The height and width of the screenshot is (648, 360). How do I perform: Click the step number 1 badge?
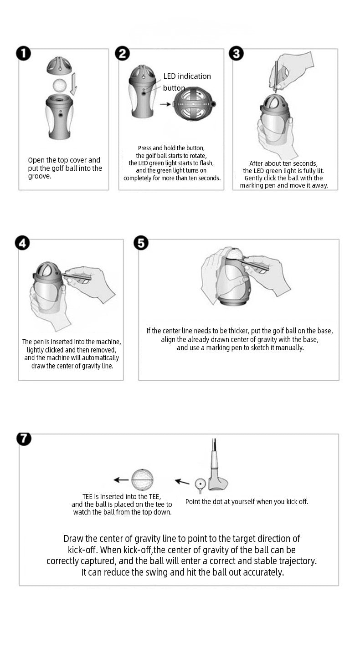pos(23,54)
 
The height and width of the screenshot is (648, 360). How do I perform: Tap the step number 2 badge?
pos(123,54)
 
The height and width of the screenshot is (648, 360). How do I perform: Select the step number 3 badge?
pos(236,54)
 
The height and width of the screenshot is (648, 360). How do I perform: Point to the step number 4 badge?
pos(22,243)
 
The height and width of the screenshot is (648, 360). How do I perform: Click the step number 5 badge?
pos(141,243)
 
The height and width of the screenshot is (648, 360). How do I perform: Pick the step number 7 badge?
pos(24,439)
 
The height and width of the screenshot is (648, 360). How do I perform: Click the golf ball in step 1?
pos(60,85)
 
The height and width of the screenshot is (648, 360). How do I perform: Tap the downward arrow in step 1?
pos(73,84)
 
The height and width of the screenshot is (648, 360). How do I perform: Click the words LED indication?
pos(187,76)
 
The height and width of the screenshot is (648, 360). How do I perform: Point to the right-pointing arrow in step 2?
pos(165,104)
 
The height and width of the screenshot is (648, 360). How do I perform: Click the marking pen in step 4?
pos(77,276)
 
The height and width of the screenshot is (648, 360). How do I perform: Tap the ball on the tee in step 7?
pos(200,483)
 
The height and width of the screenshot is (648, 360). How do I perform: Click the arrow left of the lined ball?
pos(121,480)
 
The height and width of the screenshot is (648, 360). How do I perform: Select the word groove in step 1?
pos(40,176)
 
